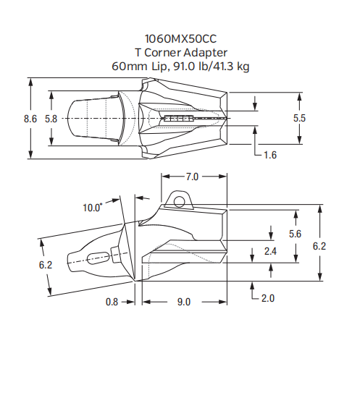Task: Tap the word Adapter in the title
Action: click(x=207, y=53)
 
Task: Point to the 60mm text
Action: click(x=127, y=67)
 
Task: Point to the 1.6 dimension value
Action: click(x=271, y=155)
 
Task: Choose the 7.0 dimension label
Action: click(x=192, y=176)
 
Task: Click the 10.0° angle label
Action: click(x=92, y=208)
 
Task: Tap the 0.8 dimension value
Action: click(x=112, y=302)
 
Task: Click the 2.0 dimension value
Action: click(x=267, y=298)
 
